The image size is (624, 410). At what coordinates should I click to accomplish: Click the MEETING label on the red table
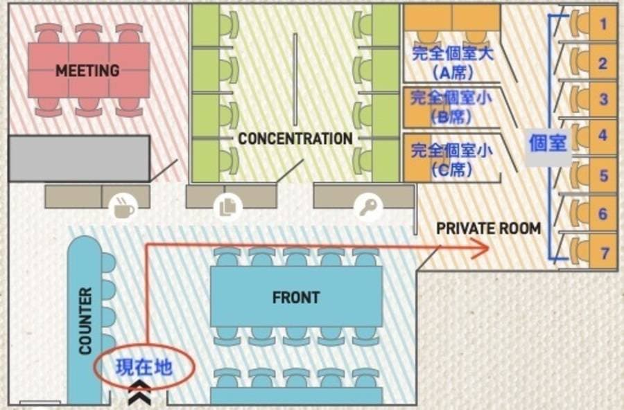point(87,71)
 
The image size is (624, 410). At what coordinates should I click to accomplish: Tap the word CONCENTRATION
point(295,139)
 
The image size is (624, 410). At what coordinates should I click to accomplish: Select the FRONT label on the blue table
point(295,297)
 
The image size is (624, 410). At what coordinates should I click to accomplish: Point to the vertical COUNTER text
point(85,321)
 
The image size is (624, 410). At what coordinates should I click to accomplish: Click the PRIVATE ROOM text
point(489,229)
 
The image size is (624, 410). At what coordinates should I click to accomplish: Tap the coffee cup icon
point(124,207)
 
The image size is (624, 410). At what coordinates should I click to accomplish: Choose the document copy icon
point(227,207)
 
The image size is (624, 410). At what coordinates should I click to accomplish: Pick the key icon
point(368,207)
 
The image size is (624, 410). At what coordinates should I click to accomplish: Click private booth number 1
point(603,24)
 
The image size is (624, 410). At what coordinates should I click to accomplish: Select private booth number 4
point(603,135)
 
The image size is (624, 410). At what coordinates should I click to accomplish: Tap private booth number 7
point(605,253)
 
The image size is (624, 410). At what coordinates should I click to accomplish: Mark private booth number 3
point(603,98)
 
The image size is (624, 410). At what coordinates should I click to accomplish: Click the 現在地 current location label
point(144,367)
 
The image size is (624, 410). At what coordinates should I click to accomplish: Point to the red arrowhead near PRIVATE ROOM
point(480,248)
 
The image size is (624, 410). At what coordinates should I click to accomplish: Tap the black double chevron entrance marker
point(139,391)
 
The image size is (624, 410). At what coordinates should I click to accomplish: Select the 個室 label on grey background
point(548,143)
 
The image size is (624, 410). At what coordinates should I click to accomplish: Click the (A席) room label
point(453,73)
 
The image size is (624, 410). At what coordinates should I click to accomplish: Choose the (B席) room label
point(451,116)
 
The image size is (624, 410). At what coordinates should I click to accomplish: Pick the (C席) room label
point(451,170)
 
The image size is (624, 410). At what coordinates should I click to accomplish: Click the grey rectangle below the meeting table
point(79,159)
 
